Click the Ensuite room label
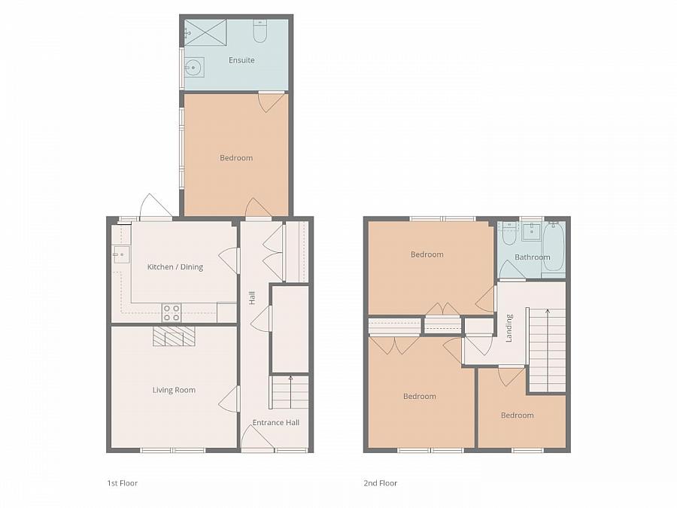241,60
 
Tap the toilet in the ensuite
260,31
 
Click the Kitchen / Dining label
175,267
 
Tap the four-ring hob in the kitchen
172,312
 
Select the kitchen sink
121,254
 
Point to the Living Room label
174,390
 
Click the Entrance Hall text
275,422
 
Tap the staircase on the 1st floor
290,392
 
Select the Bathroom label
533,257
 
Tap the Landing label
509,328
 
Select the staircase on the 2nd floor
547,350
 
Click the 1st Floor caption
122,483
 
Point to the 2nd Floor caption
379,483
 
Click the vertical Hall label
252,299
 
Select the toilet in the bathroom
509,234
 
